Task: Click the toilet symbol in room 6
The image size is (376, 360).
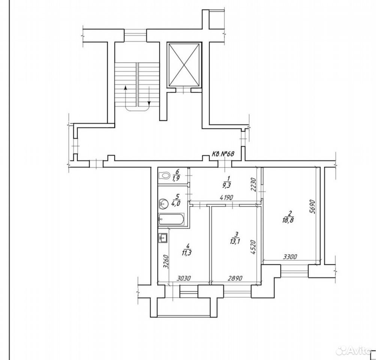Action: coord(164,175)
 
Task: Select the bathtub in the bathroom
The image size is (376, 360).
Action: coord(171,219)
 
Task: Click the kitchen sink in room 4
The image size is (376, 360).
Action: coord(164,238)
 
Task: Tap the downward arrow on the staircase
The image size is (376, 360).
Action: coord(149,96)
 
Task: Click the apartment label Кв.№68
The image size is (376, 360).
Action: coord(223,154)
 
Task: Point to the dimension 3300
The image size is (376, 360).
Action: coord(290,257)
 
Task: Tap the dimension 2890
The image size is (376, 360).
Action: coord(235,278)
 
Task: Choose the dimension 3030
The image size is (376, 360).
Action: coord(183,278)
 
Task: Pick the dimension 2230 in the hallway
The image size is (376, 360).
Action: coord(255,184)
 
